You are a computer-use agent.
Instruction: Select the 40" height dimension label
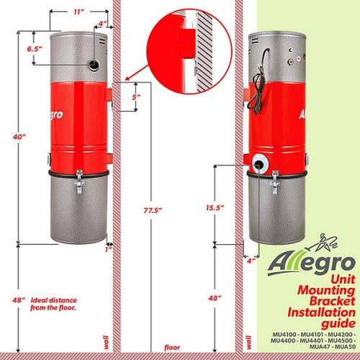tap(19, 136)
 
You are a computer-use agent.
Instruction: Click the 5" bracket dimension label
tap(135, 97)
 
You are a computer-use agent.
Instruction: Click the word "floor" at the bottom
tap(171, 347)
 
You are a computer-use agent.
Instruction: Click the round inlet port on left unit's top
tap(94, 65)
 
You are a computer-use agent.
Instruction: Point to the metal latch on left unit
tap(80, 180)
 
